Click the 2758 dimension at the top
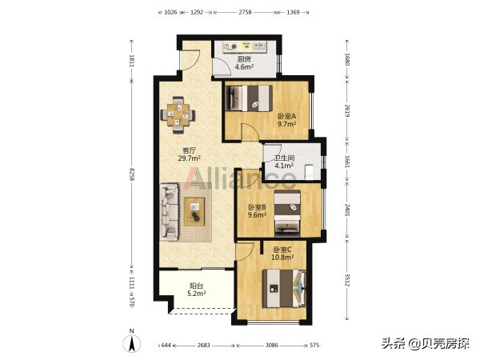point(245,12)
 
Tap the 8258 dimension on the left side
point(132,174)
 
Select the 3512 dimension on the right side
point(347,280)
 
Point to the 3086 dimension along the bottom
point(271,346)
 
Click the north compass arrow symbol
point(132,343)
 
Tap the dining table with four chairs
point(178,115)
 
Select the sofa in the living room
point(169,212)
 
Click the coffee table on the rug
point(194,211)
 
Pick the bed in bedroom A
point(249,98)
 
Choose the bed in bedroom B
point(287,214)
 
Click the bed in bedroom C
point(284,288)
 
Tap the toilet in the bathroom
point(310,172)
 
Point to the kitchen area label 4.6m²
point(244,67)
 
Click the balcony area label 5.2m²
point(196,294)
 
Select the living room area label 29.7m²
point(189,158)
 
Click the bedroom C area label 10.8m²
point(282,258)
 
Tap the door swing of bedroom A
point(250,131)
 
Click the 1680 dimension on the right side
point(347,59)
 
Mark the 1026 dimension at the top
point(170,12)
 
